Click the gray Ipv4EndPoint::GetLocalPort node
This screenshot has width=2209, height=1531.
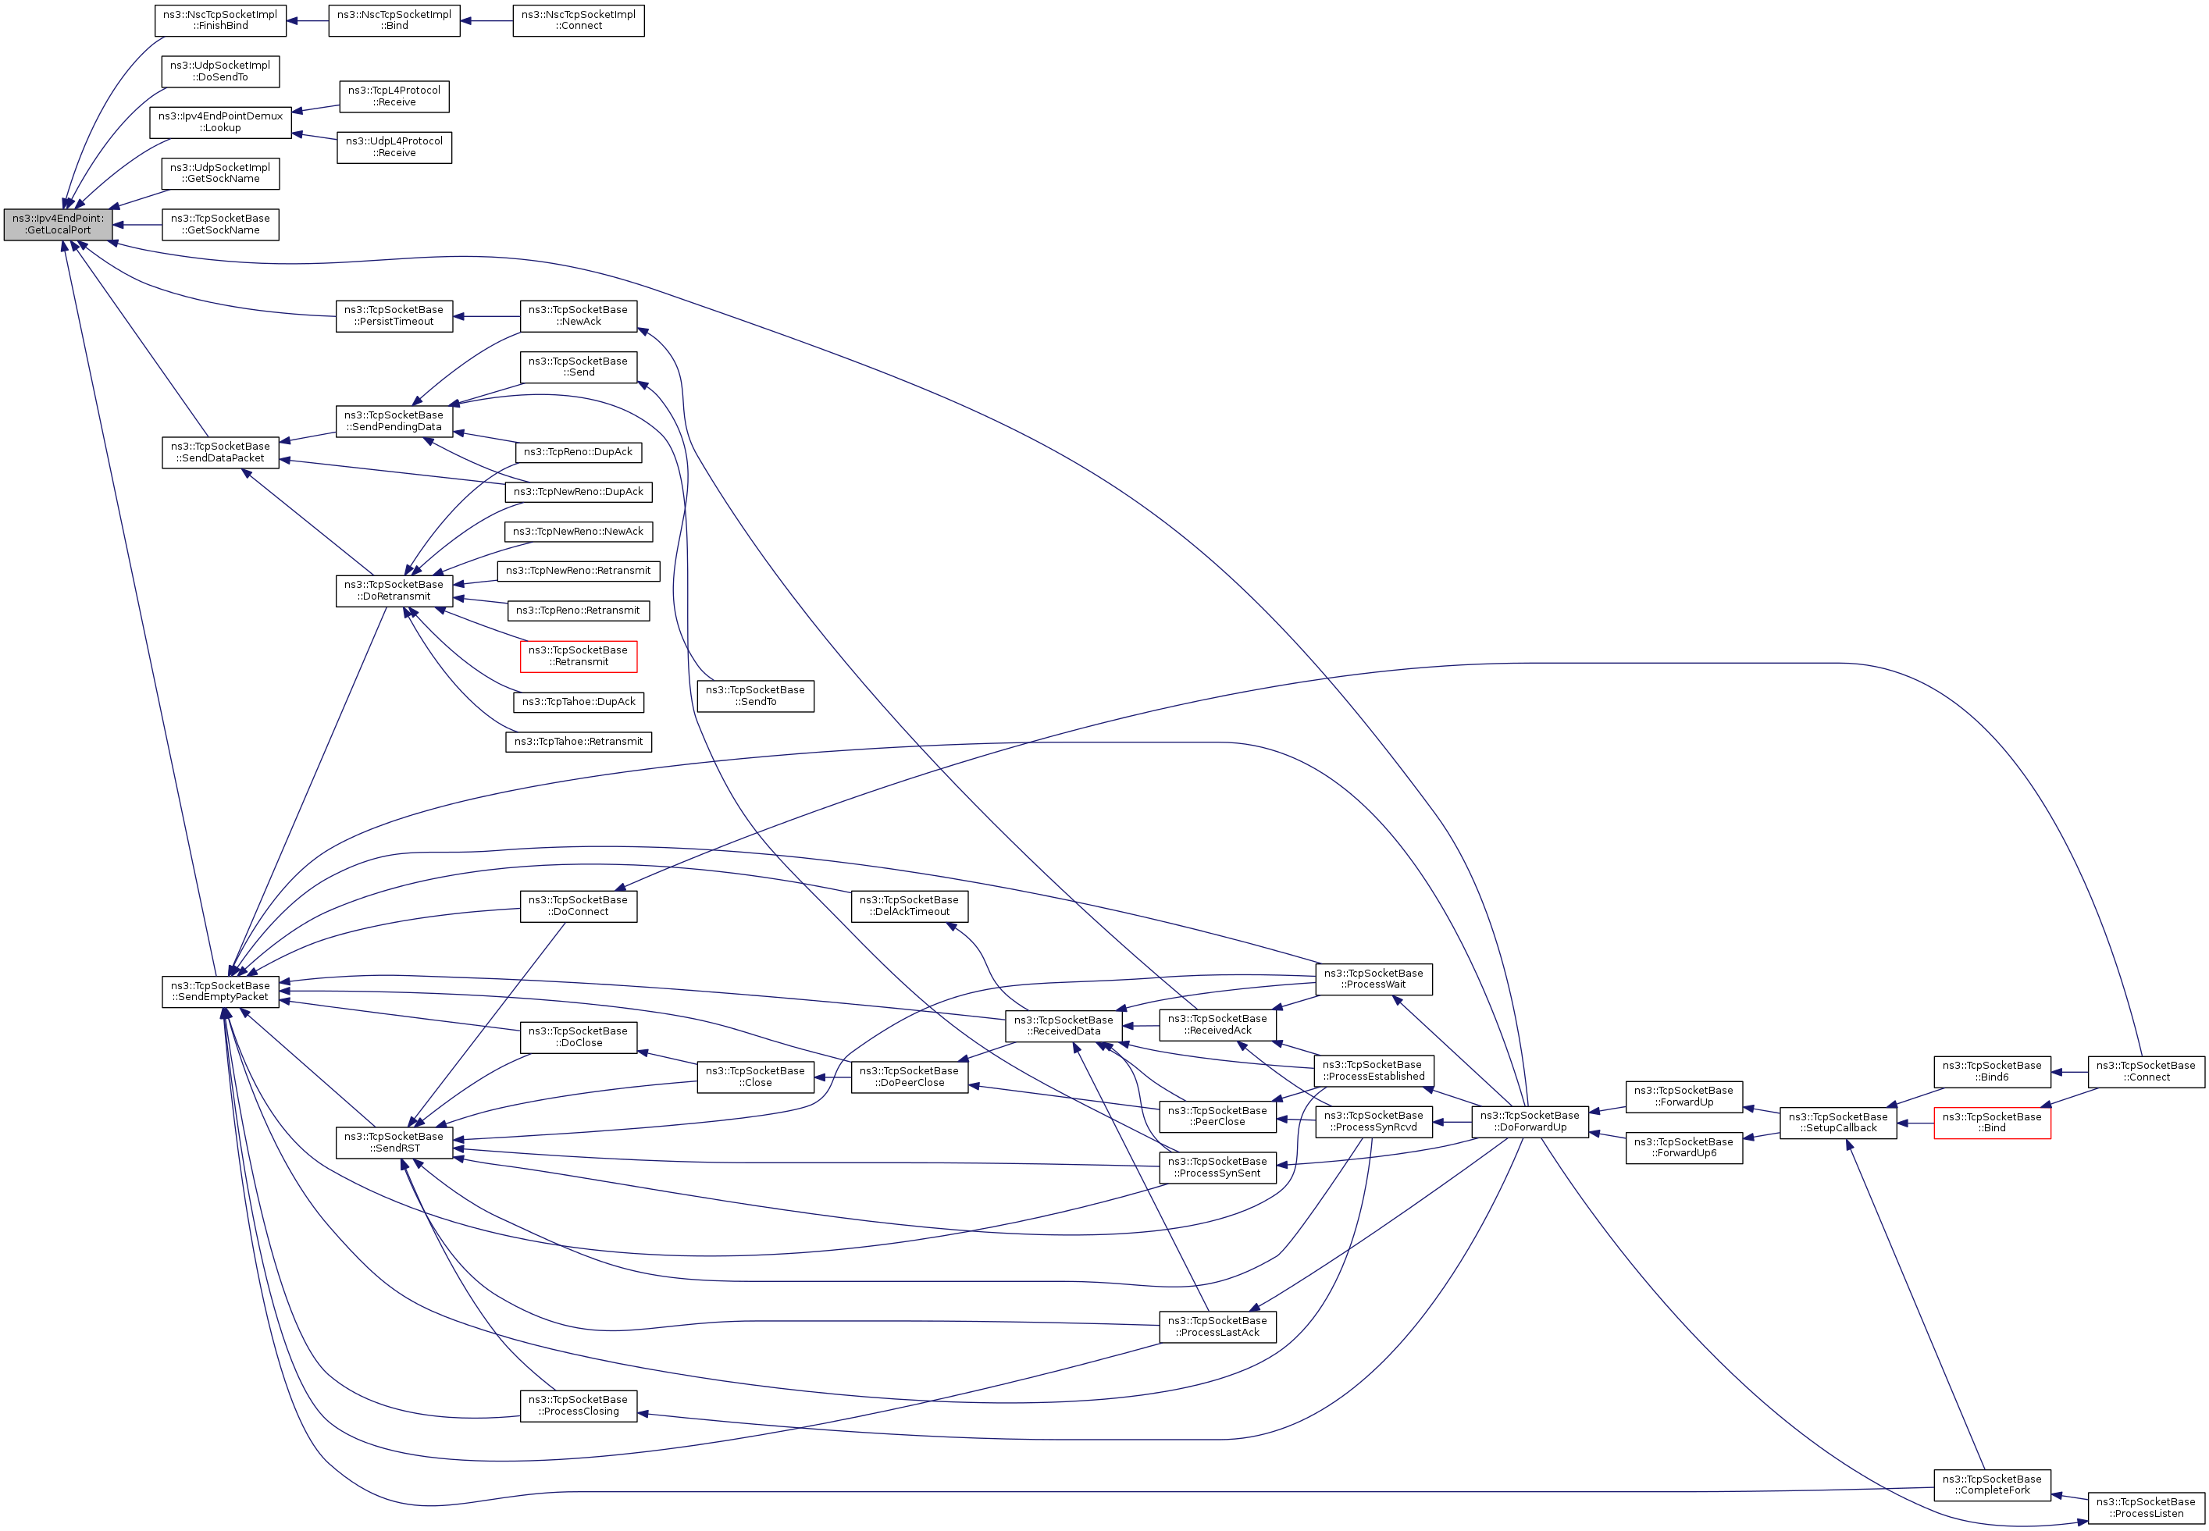point(58,225)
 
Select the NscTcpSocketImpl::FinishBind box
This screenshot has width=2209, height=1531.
point(221,20)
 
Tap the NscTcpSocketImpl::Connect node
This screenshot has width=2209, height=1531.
point(579,20)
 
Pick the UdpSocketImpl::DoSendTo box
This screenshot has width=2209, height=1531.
point(221,71)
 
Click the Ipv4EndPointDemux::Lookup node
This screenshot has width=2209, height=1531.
point(221,122)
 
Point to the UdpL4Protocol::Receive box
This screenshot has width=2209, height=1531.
point(394,147)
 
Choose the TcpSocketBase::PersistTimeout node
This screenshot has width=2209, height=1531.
point(394,315)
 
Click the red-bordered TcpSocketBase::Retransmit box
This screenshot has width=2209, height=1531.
point(579,656)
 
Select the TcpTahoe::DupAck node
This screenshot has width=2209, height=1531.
point(579,702)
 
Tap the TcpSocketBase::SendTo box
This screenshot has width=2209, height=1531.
point(755,696)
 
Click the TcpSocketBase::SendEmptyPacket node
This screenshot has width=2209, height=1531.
point(221,991)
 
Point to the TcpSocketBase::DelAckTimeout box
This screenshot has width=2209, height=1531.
point(910,906)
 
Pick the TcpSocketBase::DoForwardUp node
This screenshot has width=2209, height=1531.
point(1530,1121)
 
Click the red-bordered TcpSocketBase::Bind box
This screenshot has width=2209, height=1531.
point(1992,1123)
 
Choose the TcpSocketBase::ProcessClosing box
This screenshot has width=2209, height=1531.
point(579,1405)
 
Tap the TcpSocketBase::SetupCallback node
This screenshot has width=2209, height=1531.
point(1838,1123)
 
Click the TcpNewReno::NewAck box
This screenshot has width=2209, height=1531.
point(579,532)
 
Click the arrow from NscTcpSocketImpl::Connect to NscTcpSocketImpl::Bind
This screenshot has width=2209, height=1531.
point(486,20)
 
